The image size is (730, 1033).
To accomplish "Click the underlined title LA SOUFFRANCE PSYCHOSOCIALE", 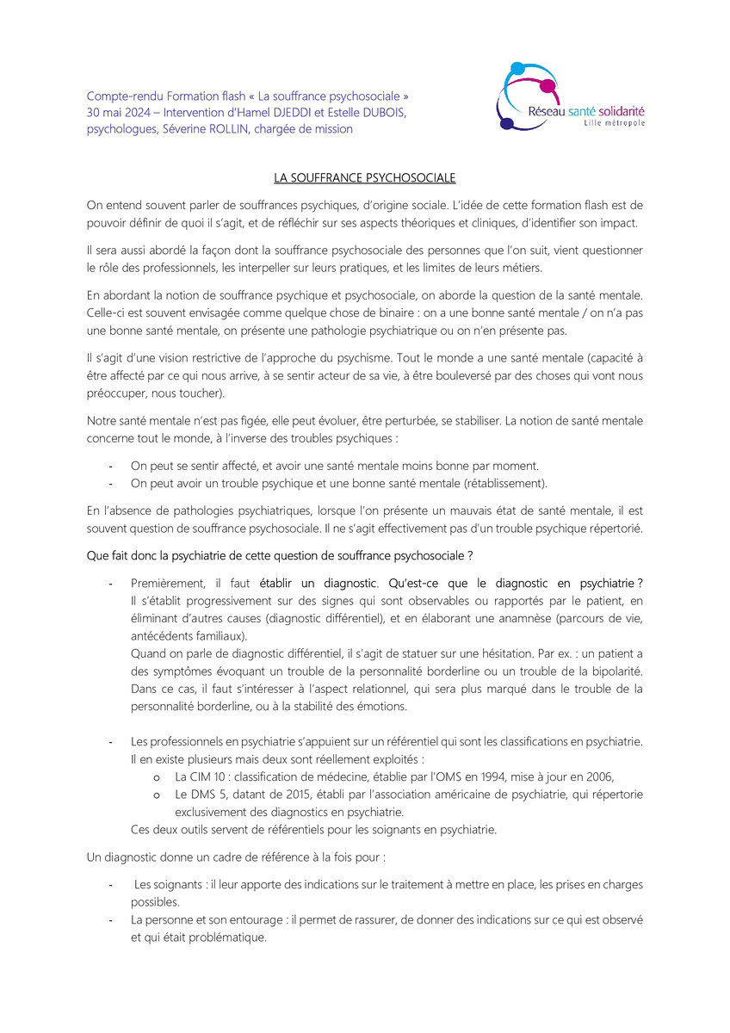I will pyautogui.click(x=364, y=178).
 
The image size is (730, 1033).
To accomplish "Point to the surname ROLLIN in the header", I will pyautogui.click(x=240, y=129).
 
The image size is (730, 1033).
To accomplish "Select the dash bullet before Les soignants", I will pyautogui.click(x=111, y=885).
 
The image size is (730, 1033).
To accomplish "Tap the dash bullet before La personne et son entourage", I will pyautogui.click(x=111, y=920).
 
